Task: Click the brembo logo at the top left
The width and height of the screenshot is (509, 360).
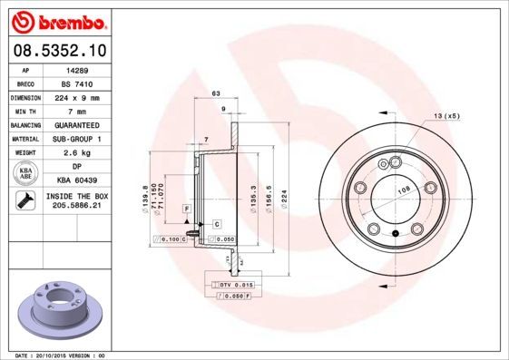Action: (55, 21)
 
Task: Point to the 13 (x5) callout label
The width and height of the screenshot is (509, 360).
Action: (445, 117)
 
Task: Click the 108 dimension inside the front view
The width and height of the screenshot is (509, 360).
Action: (404, 190)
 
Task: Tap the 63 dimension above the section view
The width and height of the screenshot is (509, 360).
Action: (216, 94)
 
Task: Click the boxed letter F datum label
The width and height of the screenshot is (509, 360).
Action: (185, 209)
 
